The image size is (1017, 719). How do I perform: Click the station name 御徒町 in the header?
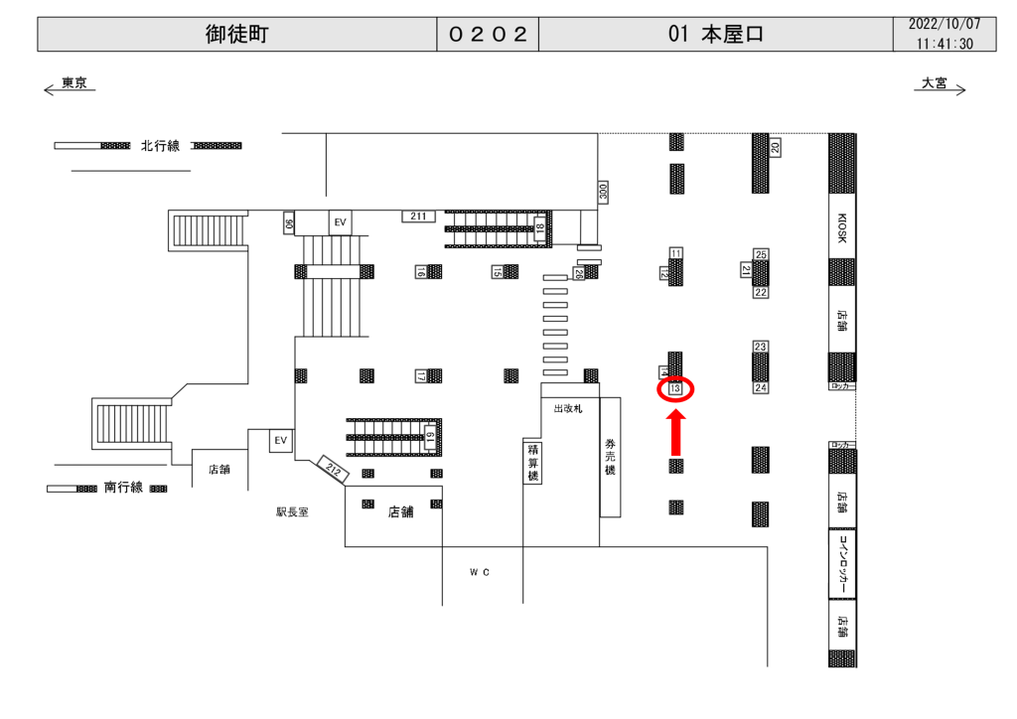236,35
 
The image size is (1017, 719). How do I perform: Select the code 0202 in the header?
487,35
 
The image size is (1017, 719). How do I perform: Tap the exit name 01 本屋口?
716,35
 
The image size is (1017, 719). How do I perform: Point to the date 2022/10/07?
944,25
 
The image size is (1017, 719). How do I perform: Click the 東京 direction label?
73,83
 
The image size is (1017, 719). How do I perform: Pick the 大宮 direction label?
935,83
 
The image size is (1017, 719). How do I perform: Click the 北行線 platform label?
160,146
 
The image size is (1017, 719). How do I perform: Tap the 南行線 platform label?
123,488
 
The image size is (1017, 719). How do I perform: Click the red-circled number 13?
675,389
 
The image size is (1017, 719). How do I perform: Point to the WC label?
480,572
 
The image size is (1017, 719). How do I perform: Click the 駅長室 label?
292,512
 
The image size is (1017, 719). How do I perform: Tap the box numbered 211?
418,216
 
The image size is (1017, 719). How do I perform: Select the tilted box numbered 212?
334,470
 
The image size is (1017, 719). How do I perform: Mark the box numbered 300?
603,191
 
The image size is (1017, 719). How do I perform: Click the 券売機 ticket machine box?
610,457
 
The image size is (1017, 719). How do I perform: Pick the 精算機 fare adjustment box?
532,462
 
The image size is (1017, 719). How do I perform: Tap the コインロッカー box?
841,564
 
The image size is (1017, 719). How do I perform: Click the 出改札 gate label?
568,408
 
